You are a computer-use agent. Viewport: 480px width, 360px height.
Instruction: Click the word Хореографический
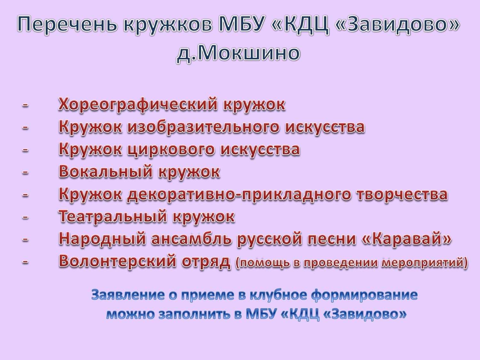pos(138,105)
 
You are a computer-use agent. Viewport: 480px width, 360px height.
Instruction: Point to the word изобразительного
pos(203,127)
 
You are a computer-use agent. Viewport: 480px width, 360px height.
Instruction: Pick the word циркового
pos(171,149)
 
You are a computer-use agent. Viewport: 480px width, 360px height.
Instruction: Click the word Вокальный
pos(106,172)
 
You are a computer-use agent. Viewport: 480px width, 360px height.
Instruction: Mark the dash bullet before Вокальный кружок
pos(25,172)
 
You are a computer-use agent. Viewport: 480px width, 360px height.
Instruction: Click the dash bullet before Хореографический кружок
pos(25,105)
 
